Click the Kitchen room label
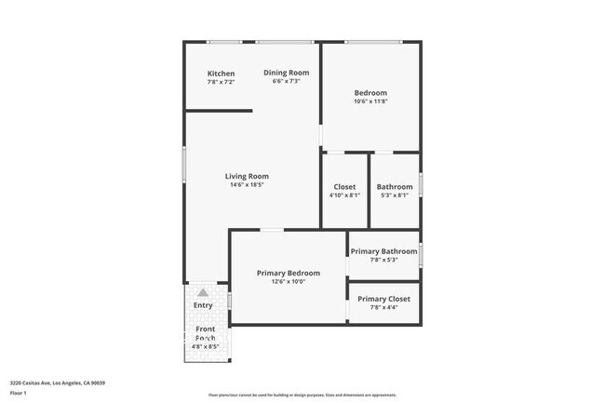[x=221, y=74]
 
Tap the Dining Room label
[x=286, y=73]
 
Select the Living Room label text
[x=247, y=176]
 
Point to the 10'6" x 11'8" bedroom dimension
[x=370, y=101]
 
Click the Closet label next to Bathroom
[x=344, y=187]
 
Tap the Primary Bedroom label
[x=289, y=273]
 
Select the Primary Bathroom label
[x=383, y=251]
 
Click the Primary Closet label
[x=383, y=299]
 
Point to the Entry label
[x=203, y=305]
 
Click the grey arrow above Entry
[x=203, y=292]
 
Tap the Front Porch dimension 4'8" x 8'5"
[x=205, y=346]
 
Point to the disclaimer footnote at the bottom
[x=302, y=395]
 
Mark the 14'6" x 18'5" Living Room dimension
[x=247, y=184]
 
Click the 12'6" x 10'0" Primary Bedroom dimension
[x=289, y=281]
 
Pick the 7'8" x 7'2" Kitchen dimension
[x=221, y=82]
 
